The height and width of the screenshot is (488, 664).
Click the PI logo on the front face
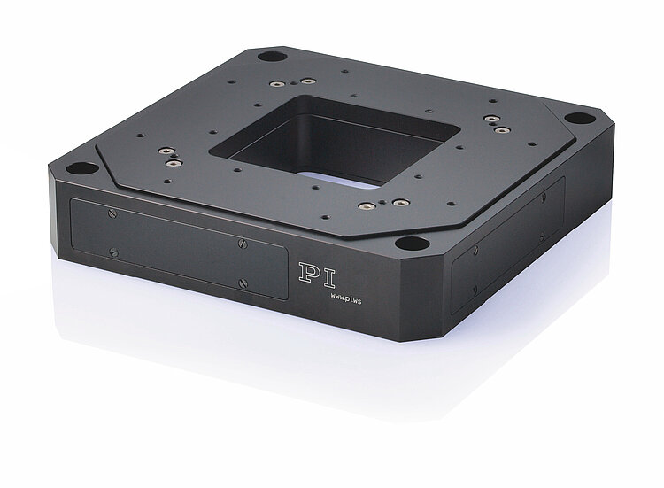(317, 275)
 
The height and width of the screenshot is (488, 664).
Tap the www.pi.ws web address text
(346, 298)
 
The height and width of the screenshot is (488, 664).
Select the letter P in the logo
(307, 273)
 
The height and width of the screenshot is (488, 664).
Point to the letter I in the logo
(327, 278)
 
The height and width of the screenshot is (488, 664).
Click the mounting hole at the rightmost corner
(580, 118)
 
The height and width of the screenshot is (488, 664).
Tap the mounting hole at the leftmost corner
(82, 168)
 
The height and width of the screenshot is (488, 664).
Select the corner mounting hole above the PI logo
(412, 244)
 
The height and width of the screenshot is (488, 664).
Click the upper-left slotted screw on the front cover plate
(112, 214)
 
